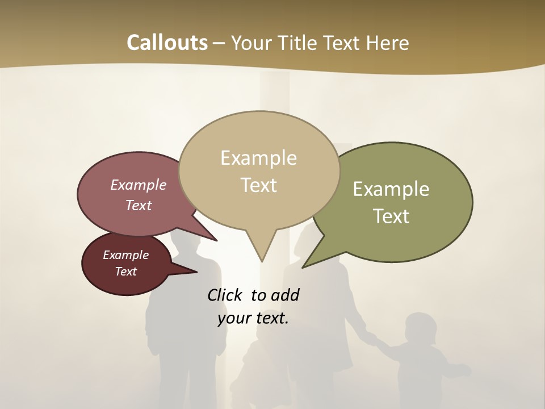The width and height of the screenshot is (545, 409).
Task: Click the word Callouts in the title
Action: coord(167,43)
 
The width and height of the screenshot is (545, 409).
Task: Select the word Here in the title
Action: coord(388,43)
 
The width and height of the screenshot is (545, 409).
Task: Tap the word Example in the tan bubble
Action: coord(258,157)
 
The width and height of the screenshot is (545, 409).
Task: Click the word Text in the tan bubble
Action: coord(258,185)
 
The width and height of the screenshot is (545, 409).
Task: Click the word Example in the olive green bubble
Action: coord(391,189)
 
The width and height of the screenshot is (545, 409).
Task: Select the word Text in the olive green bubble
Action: coord(391,216)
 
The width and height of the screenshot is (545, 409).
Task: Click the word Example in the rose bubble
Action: coord(138,185)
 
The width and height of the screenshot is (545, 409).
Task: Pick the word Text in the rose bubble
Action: coord(138,205)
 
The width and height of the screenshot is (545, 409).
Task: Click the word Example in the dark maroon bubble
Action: coord(125,255)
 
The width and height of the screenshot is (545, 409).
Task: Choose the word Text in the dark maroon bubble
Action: coord(125,272)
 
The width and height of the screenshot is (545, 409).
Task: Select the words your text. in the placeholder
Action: coord(253,318)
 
